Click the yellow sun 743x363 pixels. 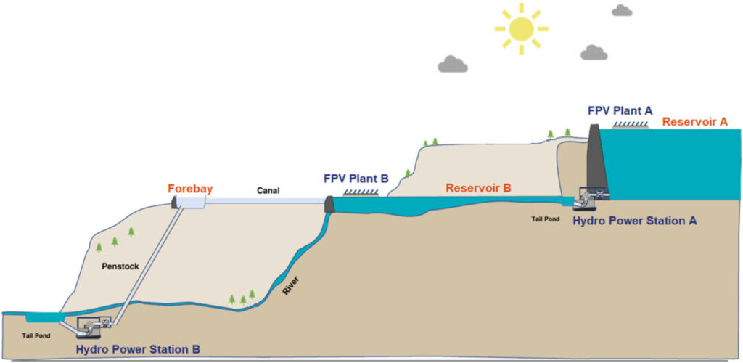pyautogui.click(x=521, y=28)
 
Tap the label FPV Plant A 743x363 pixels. pyautogui.click(x=620, y=111)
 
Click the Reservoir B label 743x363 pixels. pyautogui.click(x=478, y=189)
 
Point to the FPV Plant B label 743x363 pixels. pyautogui.click(x=356, y=179)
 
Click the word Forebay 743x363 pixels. pyautogui.click(x=191, y=189)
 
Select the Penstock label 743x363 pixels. pyautogui.click(x=120, y=266)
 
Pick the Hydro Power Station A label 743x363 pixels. pyautogui.click(x=635, y=221)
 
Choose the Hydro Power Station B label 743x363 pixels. pyautogui.click(x=138, y=350)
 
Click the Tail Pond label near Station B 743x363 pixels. pyautogui.click(x=36, y=335)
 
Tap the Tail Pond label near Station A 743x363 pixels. pyautogui.click(x=545, y=219)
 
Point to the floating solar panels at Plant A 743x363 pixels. pyautogui.click(x=631, y=125)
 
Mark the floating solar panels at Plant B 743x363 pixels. pyautogui.click(x=361, y=192)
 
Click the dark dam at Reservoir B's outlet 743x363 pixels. pyautogui.click(x=329, y=205)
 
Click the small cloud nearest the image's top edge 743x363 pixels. pyautogui.click(x=622, y=9)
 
